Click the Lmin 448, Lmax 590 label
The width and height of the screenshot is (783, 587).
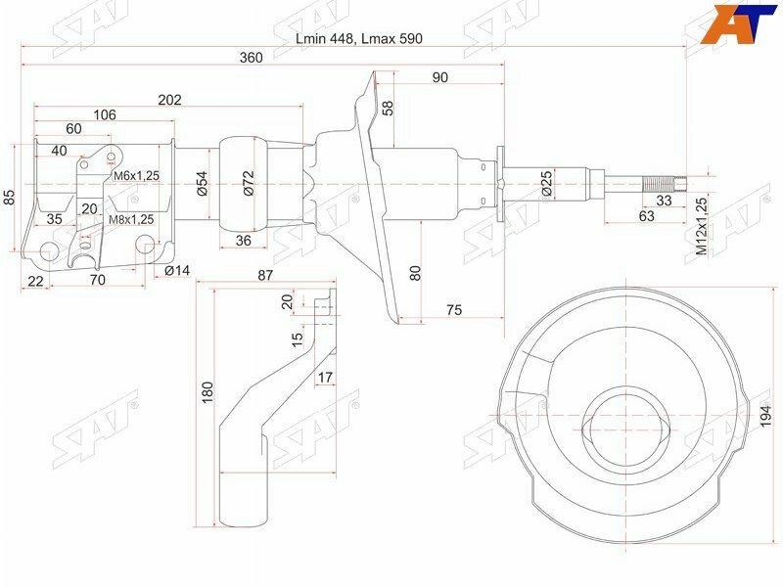point(359,38)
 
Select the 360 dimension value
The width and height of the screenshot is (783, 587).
point(251,58)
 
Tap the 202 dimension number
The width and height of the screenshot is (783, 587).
point(169,100)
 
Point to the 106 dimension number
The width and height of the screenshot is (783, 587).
point(105,114)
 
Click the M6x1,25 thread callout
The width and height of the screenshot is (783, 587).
point(136,176)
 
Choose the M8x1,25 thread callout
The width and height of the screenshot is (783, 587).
point(131,219)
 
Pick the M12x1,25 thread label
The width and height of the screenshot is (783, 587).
point(702,226)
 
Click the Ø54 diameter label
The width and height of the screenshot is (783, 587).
point(202,183)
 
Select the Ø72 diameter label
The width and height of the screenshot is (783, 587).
point(249,183)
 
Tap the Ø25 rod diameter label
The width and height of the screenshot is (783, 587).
point(546,183)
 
